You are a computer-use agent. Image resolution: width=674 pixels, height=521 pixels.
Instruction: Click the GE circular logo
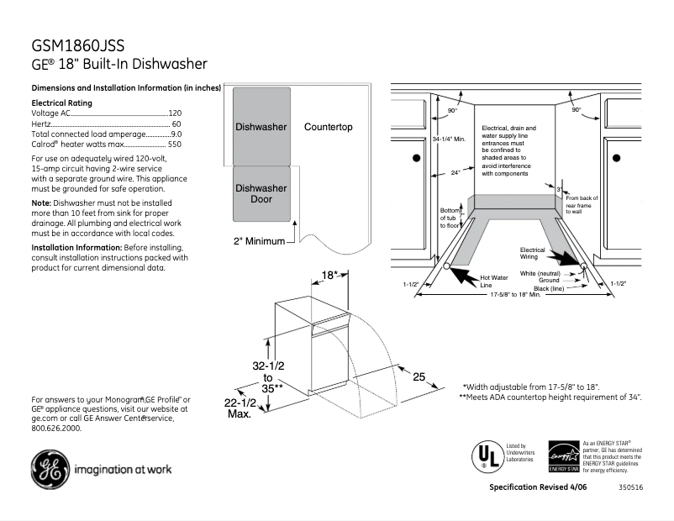coord(50,469)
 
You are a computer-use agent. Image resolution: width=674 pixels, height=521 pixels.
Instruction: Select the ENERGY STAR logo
coord(564,456)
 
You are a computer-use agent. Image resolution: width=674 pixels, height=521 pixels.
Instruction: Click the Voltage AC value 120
coord(175,113)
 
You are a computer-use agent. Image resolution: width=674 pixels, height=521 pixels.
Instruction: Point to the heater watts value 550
coord(174,145)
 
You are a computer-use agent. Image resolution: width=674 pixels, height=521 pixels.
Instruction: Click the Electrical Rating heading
coord(61,103)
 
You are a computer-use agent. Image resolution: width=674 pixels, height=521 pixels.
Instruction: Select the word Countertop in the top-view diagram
coord(329,127)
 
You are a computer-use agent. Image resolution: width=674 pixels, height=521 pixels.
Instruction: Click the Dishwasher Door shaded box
coord(261,193)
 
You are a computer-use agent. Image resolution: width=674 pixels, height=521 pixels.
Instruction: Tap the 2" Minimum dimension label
coord(261,242)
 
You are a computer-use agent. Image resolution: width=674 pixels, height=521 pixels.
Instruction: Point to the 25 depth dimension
coord(419,377)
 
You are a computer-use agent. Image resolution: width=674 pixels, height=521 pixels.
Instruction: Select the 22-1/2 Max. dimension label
coord(240,409)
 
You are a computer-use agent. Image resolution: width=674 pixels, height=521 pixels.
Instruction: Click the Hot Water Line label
coord(493,282)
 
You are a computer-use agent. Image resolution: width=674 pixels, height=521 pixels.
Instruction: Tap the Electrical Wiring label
coord(533,254)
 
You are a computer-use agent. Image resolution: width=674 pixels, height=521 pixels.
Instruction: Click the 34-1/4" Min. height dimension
coord(448,139)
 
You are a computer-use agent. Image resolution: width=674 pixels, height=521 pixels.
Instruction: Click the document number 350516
coord(631,488)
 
